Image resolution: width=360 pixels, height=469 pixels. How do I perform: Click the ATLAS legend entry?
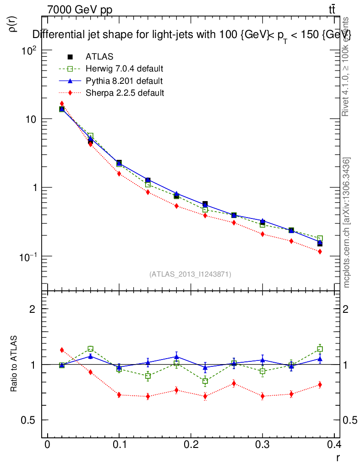click(99, 57)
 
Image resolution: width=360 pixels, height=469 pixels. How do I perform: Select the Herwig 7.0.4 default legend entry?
click(124, 69)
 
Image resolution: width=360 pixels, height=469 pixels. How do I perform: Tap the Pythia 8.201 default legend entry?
click(124, 81)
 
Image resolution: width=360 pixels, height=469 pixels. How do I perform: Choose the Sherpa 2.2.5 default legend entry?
click(125, 93)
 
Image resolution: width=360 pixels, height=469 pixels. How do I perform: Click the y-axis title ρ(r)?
click(14, 24)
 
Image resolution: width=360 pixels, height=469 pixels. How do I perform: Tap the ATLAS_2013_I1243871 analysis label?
click(190, 274)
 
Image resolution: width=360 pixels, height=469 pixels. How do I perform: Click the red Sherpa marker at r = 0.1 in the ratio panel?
click(119, 395)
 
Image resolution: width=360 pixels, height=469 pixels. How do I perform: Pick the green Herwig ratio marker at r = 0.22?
click(205, 381)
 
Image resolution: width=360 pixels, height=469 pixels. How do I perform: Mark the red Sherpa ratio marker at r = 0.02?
click(62, 350)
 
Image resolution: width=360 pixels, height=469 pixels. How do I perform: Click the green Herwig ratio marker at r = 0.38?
click(320, 349)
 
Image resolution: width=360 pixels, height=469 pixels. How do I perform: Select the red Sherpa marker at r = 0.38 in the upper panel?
click(320, 251)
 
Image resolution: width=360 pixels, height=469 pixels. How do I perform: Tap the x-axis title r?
click(338, 458)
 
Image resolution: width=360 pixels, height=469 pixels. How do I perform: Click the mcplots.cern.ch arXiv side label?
click(347, 222)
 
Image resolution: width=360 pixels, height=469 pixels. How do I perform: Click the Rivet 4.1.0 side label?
click(347, 66)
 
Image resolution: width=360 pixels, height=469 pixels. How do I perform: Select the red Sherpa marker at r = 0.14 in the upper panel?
click(147, 192)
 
